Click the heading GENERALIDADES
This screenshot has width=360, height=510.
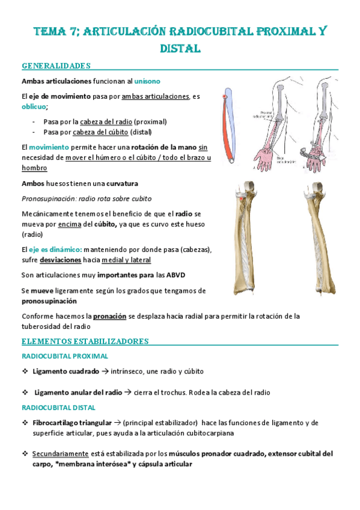click(x=56, y=65)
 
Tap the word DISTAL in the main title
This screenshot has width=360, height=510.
click(x=179, y=47)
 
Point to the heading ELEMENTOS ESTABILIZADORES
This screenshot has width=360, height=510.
click(x=85, y=341)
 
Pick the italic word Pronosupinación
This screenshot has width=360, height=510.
click(x=49, y=198)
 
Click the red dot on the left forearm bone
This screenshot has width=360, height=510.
click(x=242, y=198)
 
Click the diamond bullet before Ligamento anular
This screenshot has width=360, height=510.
click(x=25, y=392)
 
